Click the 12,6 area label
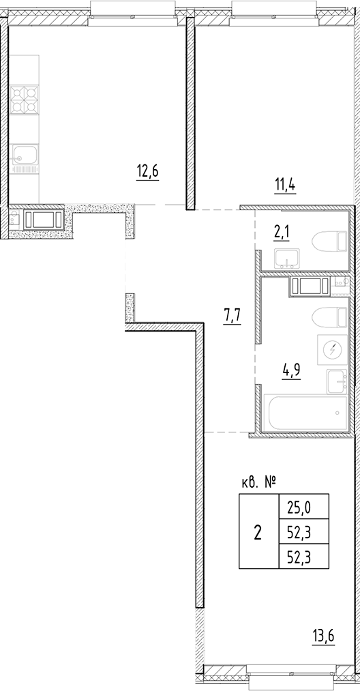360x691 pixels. point(147,171)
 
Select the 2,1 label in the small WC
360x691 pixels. point(281,234)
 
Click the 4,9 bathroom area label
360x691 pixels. point(292,370)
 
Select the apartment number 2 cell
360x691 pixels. point(258,532)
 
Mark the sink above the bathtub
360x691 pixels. point(337,382)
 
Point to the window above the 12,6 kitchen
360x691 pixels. point(117,9)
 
